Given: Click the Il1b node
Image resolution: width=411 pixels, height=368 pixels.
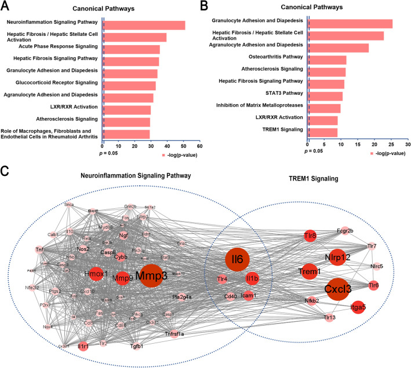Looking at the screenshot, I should [x=252, y=279].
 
